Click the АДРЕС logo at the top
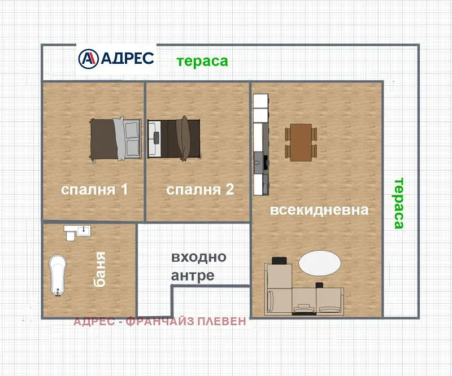(116, 59)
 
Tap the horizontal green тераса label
(202, 61)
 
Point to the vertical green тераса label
(399, 203)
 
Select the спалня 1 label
(94, 190)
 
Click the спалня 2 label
(200, 190)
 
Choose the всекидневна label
(319, 210)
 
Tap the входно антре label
(199, 266)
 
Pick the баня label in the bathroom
(101, 270)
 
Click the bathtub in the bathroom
(58, 275)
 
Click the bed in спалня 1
(115, 139)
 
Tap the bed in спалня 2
(174, 139)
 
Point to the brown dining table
(301, 143)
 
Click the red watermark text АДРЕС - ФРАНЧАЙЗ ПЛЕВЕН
(160, 321)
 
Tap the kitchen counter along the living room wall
(261, 144)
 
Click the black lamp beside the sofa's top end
(279, 260)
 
